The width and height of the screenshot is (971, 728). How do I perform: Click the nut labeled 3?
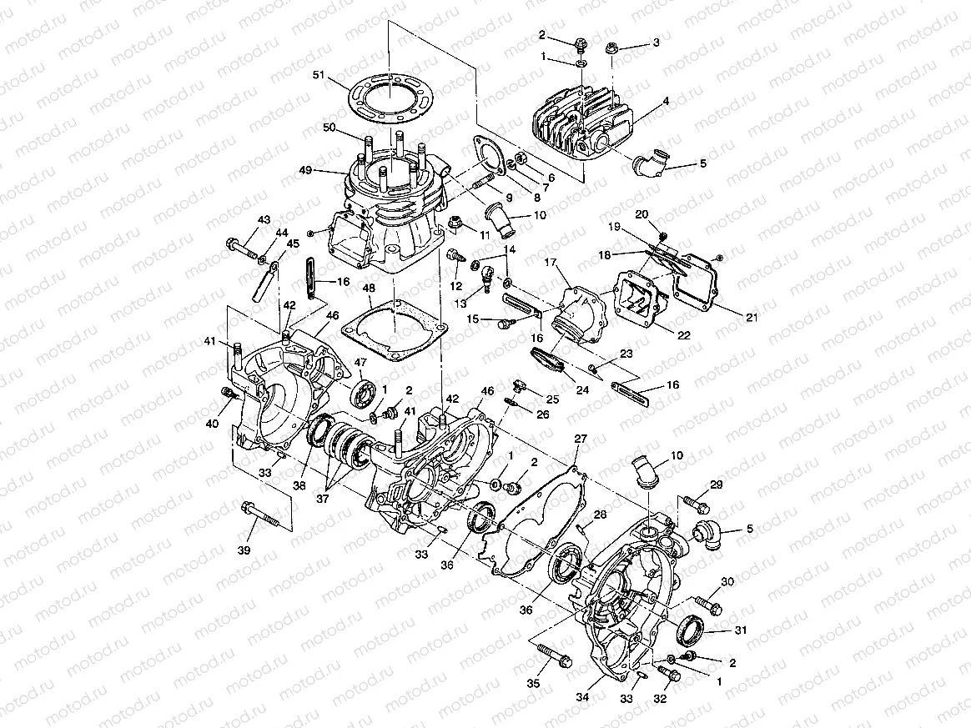click(x=610, y=48)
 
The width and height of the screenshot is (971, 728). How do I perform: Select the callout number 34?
click(x=581, y=697)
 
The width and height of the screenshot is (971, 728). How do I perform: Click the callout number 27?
click(x=581, y=439)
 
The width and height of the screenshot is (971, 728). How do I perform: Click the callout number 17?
click(x=551, y=263)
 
